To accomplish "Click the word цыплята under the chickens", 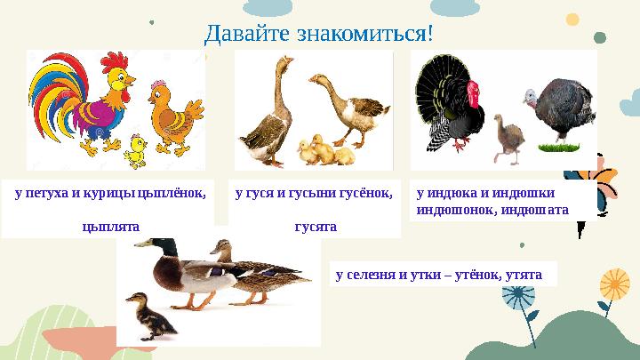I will coord(109,227).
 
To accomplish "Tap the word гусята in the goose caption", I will coord(316,227).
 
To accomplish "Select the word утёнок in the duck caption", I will coord(476,275).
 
